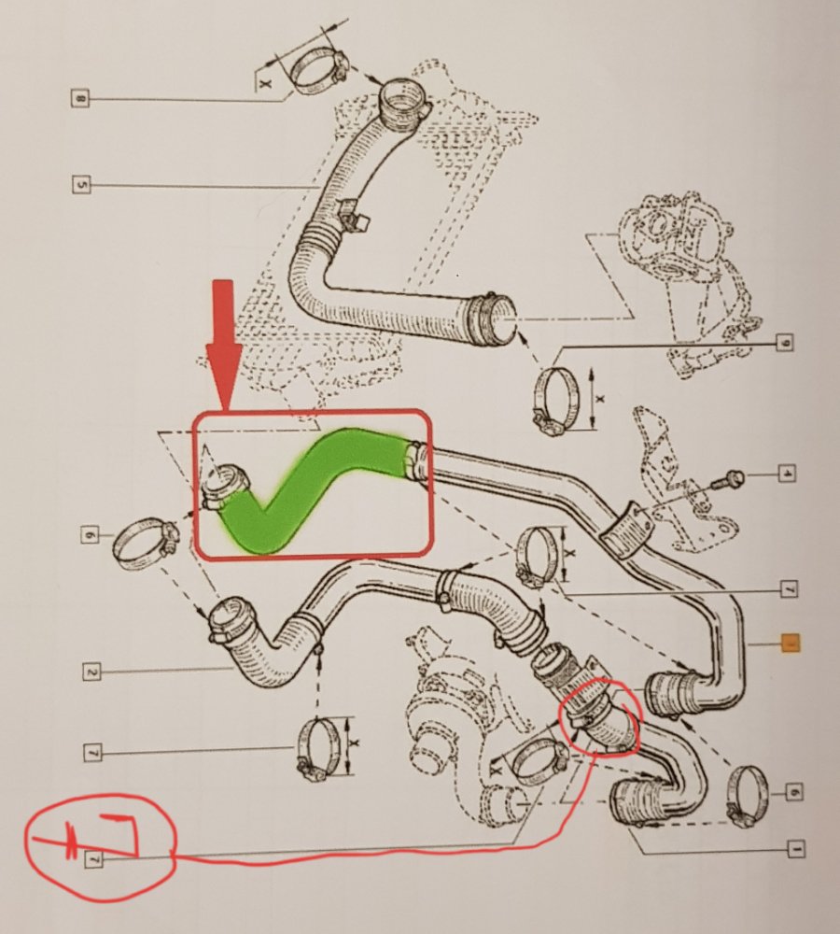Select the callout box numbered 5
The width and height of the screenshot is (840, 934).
coord(81,185)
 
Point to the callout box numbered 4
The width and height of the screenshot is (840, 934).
coord(787,474)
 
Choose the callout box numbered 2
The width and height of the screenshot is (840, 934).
coord(91,669)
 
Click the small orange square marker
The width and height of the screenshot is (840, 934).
coord(790,643)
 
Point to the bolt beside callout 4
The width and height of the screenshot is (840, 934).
coord(728,480)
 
